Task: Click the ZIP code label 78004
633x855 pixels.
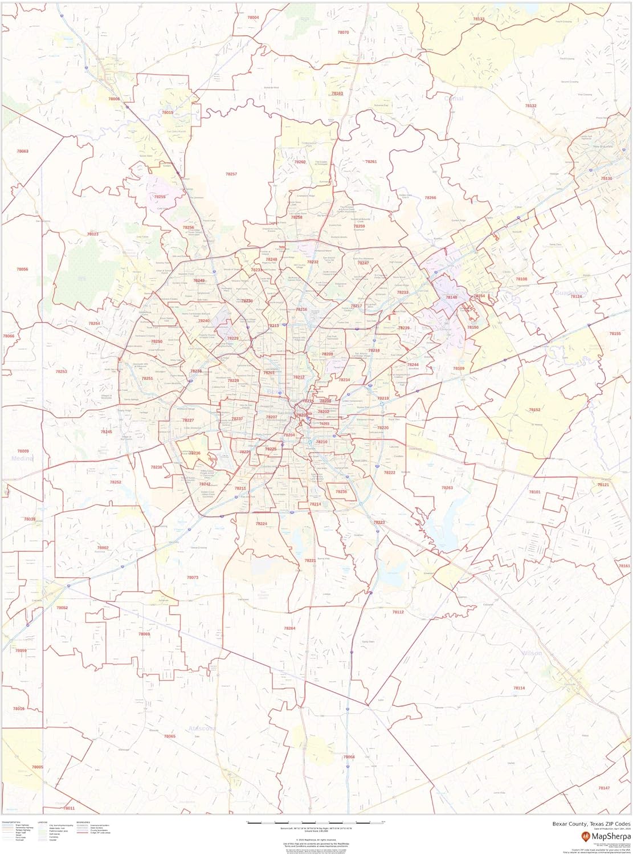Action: click(253, 18)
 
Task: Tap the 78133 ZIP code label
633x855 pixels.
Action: click(479, 19)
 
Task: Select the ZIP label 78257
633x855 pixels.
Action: click(231, 174)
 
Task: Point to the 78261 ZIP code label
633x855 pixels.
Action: click(371, 162)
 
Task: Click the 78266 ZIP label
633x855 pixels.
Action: click(430, 198)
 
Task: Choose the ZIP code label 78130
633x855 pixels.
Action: click(606, 178)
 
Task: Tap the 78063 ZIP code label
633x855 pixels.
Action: click(23, 151)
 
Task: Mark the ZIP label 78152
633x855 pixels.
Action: click(534, 410)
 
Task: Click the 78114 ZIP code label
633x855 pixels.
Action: click(518, 688)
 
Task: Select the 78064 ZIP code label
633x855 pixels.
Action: click(349, 756)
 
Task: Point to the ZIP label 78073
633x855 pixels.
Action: click(193, 577)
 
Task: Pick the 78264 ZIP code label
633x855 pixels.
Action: click(290, 628)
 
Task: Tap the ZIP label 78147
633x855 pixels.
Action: click(604, 788)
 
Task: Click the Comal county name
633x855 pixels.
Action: click(454, 99)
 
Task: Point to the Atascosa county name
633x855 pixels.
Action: click(202, 728)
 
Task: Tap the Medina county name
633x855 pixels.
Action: click(20, 458)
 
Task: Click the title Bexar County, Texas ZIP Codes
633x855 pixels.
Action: click(591, 824)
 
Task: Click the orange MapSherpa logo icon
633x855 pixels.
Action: click(586, 836)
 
